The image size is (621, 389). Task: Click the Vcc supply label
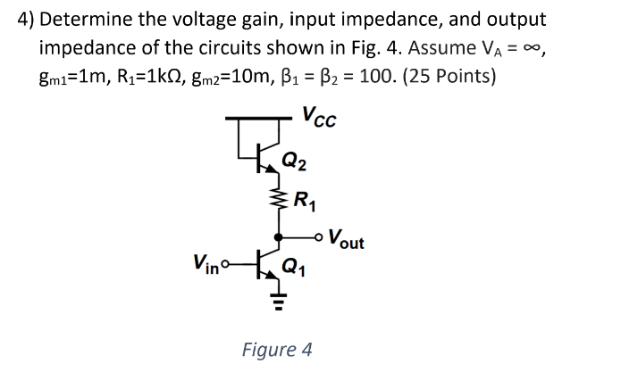(x=320, y=117)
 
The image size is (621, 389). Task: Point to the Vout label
(x=347, y=239)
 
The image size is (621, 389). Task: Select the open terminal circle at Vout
(x=321, y=237)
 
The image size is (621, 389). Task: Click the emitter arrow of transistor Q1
(x=273, y=274)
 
